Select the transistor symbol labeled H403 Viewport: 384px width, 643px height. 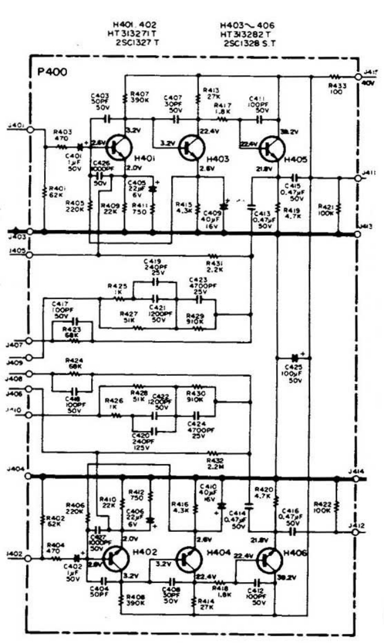pos(191,148)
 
